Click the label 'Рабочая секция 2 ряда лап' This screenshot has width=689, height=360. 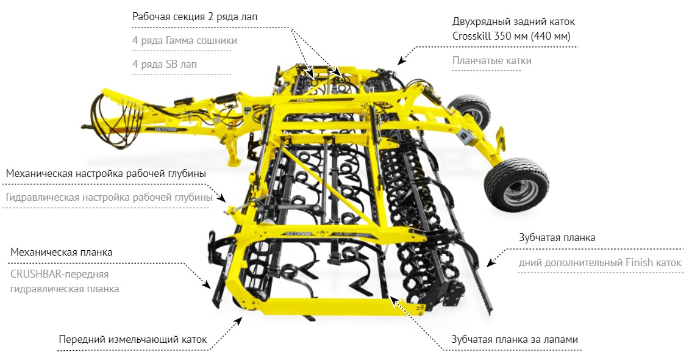(195, 17)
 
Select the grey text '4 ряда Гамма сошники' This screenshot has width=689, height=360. (185, 40)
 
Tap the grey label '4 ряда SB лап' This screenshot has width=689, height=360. (165, 64)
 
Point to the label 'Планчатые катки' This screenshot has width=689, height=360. (491, 60)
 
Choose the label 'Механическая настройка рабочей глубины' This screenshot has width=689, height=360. (106, 174)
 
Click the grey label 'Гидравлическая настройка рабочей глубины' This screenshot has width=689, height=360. (109, 197)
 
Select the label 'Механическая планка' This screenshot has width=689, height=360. (62, 253)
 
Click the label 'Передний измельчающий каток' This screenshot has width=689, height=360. (133, 340)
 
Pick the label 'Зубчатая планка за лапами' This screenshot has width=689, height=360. (515, 340)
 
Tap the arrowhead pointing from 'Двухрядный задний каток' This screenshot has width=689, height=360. (401, 62)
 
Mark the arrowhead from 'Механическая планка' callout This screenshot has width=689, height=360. (207, 284)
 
